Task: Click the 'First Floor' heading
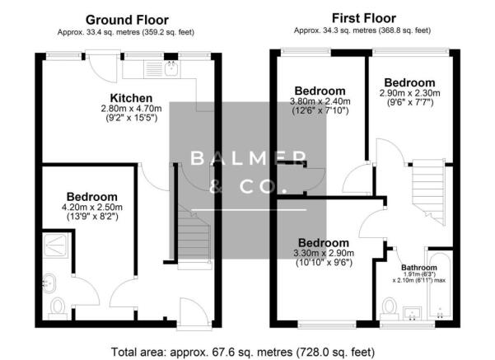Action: pos(362,17)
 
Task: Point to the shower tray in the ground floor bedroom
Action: pos(58,243)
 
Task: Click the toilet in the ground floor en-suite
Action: pos(58,307)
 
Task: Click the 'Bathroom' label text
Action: pos(420,268)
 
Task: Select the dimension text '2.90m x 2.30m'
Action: pos(409,95)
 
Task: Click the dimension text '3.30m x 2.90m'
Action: pos(319,254)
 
